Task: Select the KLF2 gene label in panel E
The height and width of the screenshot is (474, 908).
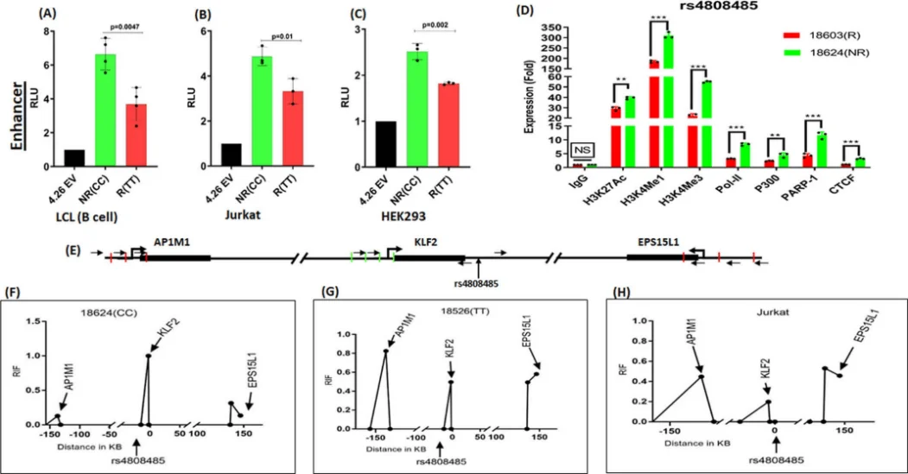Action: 427,243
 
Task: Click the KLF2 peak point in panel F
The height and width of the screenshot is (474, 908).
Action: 148,356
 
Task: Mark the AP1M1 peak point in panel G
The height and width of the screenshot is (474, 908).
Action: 385,351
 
